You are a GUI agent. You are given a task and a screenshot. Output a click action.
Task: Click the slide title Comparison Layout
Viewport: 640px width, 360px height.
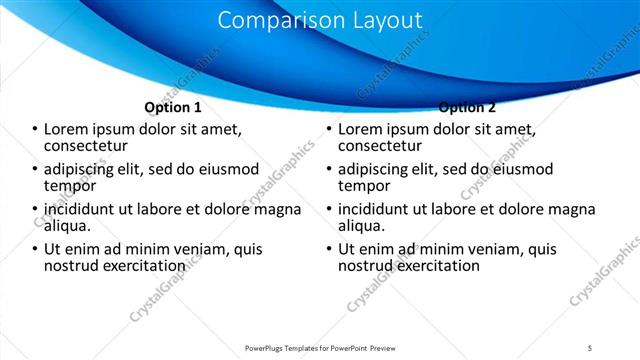pos(319,20)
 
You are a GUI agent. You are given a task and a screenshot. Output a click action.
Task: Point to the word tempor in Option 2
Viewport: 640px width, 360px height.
pos(363,185)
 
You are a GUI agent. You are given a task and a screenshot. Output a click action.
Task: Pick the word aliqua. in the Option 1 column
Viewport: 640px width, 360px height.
pos(68,226)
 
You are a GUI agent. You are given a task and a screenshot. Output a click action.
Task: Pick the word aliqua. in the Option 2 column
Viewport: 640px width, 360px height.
pos(362,226)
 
